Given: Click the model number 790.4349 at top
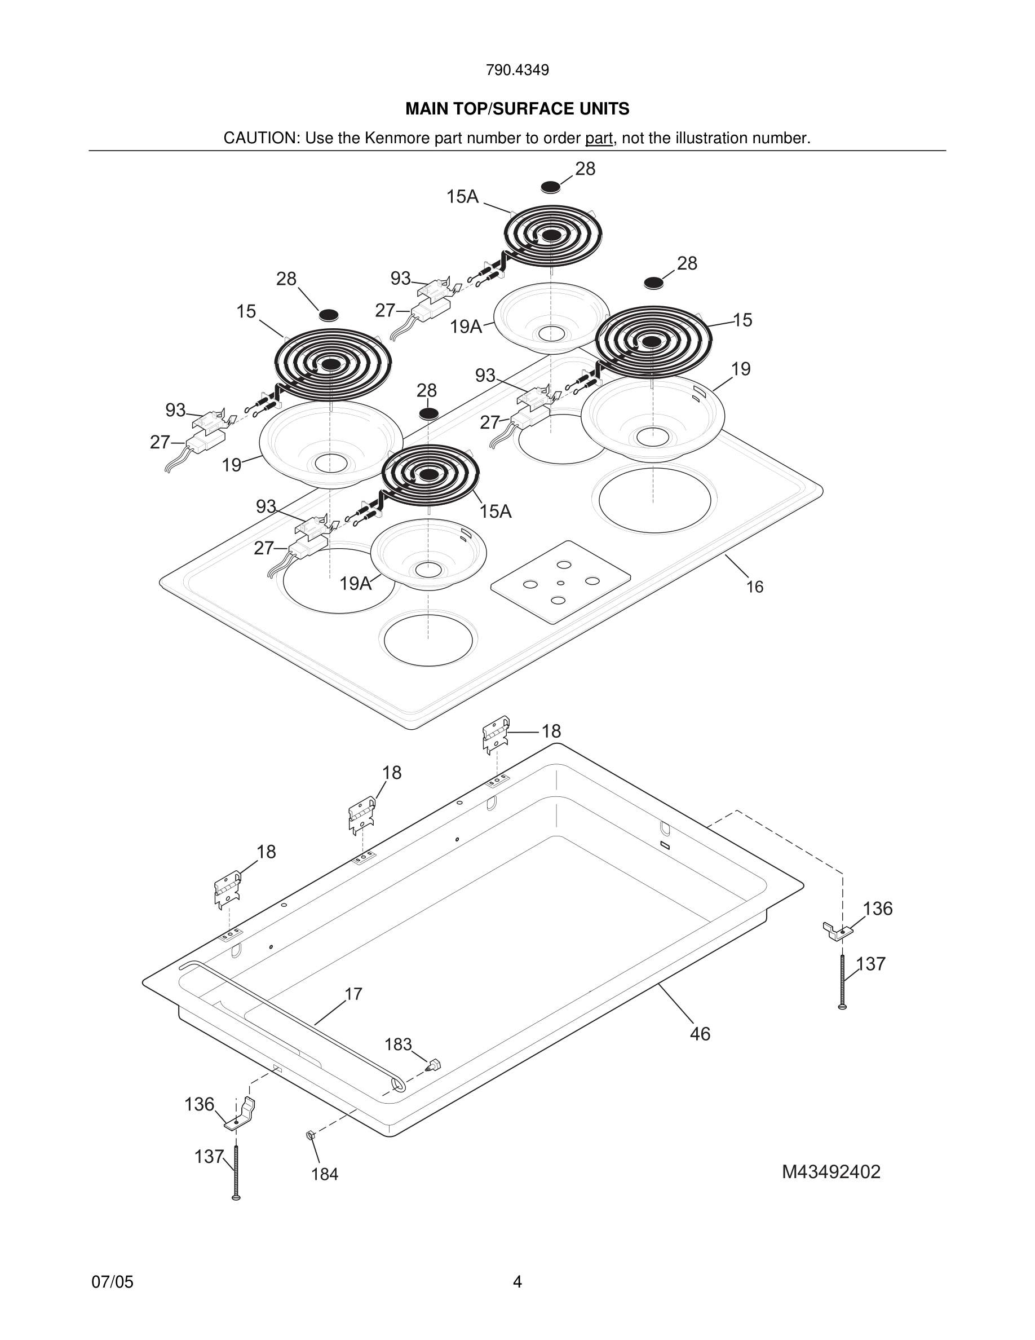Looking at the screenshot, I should coord(517,70).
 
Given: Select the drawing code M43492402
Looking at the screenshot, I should coord(831,1172).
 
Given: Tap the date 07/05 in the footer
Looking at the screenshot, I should coord(112,1282).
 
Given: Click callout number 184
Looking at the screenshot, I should coord(324,1174).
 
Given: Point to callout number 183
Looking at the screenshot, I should coord(398,1044).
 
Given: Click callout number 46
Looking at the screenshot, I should coord(700,1034).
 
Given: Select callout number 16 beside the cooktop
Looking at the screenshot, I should coord(754,587).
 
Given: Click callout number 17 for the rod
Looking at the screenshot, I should coord(353,994).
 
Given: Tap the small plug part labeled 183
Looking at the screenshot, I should coord(435,1063).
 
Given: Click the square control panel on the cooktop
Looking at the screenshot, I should coord(560,581).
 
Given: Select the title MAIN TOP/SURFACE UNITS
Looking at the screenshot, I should coord(517,109).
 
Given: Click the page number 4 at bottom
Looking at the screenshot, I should coord(517,1282).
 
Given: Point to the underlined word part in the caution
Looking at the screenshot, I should coord(599,138).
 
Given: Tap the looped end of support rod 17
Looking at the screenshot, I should coord(398,1085).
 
